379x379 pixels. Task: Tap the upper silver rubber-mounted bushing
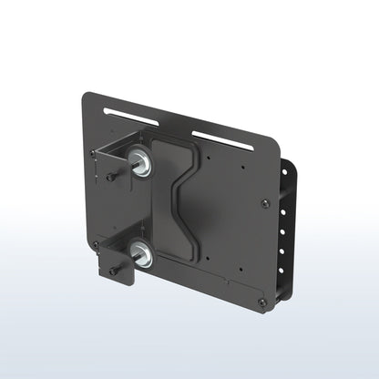coord(141,163)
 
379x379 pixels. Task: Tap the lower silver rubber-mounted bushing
coord(141,251)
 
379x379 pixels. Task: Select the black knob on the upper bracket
coord(110,178)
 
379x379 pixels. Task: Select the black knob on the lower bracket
coord(112,271)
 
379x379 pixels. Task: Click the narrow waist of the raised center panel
coord(179,197)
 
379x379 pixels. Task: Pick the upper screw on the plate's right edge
coord(265,204)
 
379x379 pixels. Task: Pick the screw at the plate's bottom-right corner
coord(262,302)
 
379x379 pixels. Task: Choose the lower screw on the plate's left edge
coord(95,244)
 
